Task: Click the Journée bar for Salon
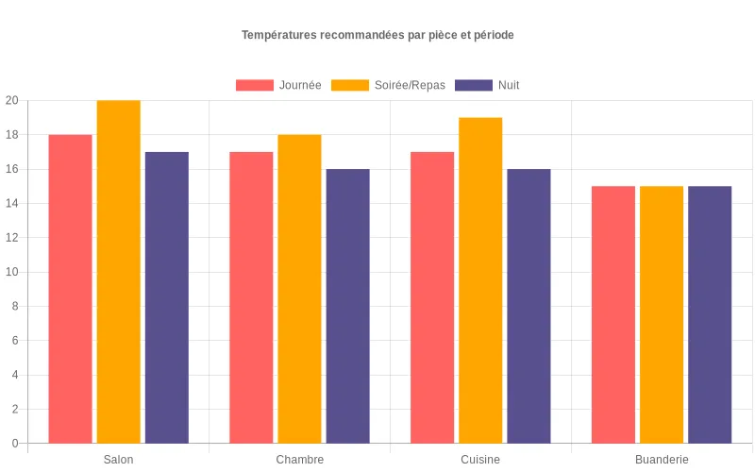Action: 70,289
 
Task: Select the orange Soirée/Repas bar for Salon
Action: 118,272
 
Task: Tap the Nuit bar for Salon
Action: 167,297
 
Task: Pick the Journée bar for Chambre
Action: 251,297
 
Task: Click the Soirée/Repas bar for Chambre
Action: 299,289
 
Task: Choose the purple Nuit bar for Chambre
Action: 347,306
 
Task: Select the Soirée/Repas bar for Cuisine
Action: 480,280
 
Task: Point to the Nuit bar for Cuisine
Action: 528,306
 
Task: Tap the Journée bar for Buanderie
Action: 613,314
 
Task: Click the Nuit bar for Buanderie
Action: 710,314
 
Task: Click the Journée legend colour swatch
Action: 254,85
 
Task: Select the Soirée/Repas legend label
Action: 410,85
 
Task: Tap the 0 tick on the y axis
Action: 15,444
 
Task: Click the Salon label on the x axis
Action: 118,460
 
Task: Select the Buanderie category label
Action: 662,460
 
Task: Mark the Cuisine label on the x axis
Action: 480,460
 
